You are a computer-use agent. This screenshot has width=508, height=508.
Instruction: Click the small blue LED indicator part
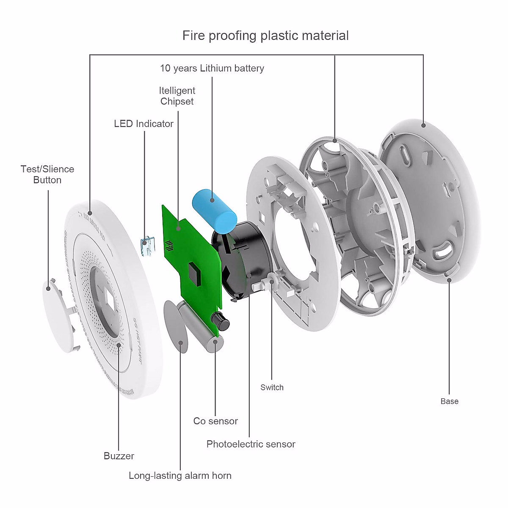click(146, 247)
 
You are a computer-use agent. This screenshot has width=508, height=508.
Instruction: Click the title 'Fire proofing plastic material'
click(265, 36)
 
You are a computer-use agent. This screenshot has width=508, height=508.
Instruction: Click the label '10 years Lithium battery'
click(212, 68)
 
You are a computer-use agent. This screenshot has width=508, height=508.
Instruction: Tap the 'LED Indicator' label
click(144, 124)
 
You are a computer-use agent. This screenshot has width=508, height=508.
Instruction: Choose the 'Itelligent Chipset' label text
click(177, 96)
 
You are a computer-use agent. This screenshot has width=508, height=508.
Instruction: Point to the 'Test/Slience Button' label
click(47, 174)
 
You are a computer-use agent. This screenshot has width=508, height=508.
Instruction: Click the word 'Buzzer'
click(119, 456)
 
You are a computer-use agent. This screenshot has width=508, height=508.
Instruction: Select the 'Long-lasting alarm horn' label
click(180, 475)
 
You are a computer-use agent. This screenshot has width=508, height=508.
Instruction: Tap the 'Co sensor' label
click(215, 421)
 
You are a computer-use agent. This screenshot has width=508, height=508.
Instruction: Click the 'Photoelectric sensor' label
click(251, 444)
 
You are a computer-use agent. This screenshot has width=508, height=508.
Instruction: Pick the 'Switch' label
click(272, 387)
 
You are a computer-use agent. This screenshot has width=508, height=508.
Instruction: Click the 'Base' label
click(449, 401)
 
